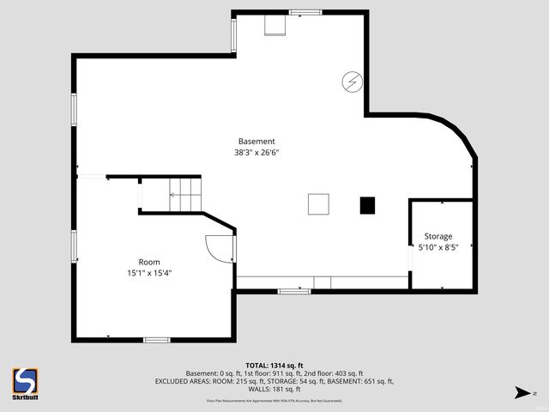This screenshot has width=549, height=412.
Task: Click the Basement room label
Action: [256, 142]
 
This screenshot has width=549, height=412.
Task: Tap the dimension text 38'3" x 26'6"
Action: [256, 153]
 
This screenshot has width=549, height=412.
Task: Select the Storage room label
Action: [437, 236]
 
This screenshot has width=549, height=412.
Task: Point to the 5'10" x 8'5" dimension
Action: [437, 247]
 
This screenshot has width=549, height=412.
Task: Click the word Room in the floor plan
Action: [149, 262]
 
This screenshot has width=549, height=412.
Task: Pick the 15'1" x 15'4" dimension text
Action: [149, 273]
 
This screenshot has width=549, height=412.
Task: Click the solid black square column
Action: [367, 205]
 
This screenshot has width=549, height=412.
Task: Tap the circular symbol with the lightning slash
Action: [352, 82]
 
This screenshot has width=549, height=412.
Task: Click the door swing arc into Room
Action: [214, 249]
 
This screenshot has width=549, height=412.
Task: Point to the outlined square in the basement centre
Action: [318, 204]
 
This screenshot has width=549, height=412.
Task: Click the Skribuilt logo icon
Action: [25, 380]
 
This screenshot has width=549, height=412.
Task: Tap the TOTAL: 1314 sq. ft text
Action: [274, 365]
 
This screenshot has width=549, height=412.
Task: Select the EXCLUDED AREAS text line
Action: [274, 381]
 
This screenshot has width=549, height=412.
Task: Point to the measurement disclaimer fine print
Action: [274, 401]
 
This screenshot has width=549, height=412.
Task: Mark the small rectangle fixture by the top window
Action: [274, 27]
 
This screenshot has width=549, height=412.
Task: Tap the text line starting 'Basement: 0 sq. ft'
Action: [274, 373]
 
